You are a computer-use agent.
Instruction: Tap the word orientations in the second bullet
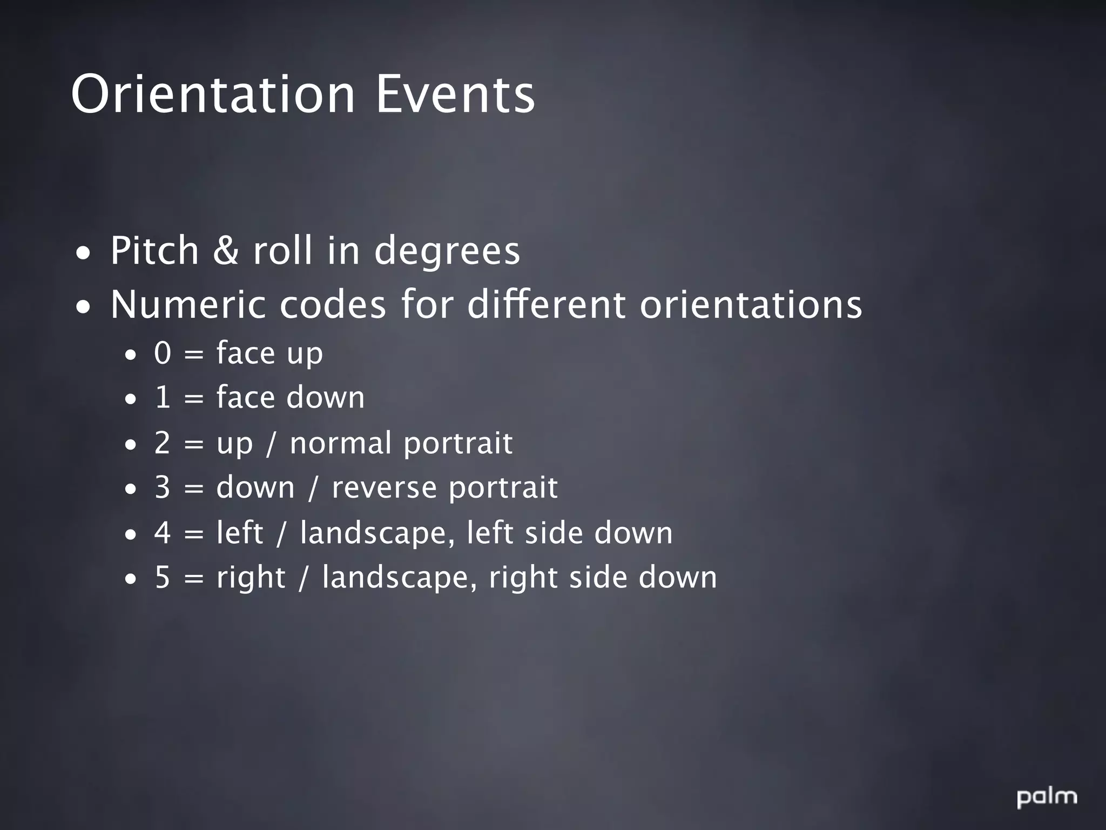coord(751,305)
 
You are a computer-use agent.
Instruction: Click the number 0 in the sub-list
coord(163,353)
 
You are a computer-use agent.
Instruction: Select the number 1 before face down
coord(163,398)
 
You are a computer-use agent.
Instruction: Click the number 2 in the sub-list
coord(163,443)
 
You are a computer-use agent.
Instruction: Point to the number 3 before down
coord(163,487)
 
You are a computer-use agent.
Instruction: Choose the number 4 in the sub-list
coord(163,533)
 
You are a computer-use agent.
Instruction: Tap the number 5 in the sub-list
coord(163,577)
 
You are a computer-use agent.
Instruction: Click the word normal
coord(340,443)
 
